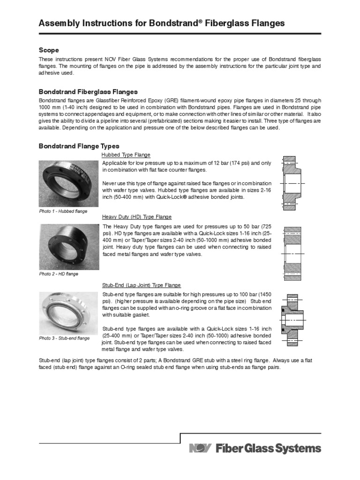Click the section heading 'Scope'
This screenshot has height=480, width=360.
(x=48, y=50)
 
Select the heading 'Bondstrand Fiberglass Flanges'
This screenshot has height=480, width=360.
(x=88, y=91)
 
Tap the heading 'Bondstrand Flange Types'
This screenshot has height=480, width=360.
(x=79, y=146)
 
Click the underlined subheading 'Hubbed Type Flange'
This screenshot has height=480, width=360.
(x=126, y=155)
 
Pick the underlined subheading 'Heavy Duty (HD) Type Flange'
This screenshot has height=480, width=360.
(x=137, y=217)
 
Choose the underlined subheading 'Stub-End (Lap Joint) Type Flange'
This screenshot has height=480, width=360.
(x=142, y=285)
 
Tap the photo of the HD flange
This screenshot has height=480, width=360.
(x=69, y=246)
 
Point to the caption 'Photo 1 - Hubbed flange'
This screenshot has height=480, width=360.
(x=63, y=211)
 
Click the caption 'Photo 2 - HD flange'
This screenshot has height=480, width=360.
(x=59, y=274)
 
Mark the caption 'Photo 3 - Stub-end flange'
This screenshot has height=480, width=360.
(x=64, y=337)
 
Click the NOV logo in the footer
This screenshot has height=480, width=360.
(x=201, y=449)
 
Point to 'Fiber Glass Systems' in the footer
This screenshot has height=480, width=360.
(x=268, y=449)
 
